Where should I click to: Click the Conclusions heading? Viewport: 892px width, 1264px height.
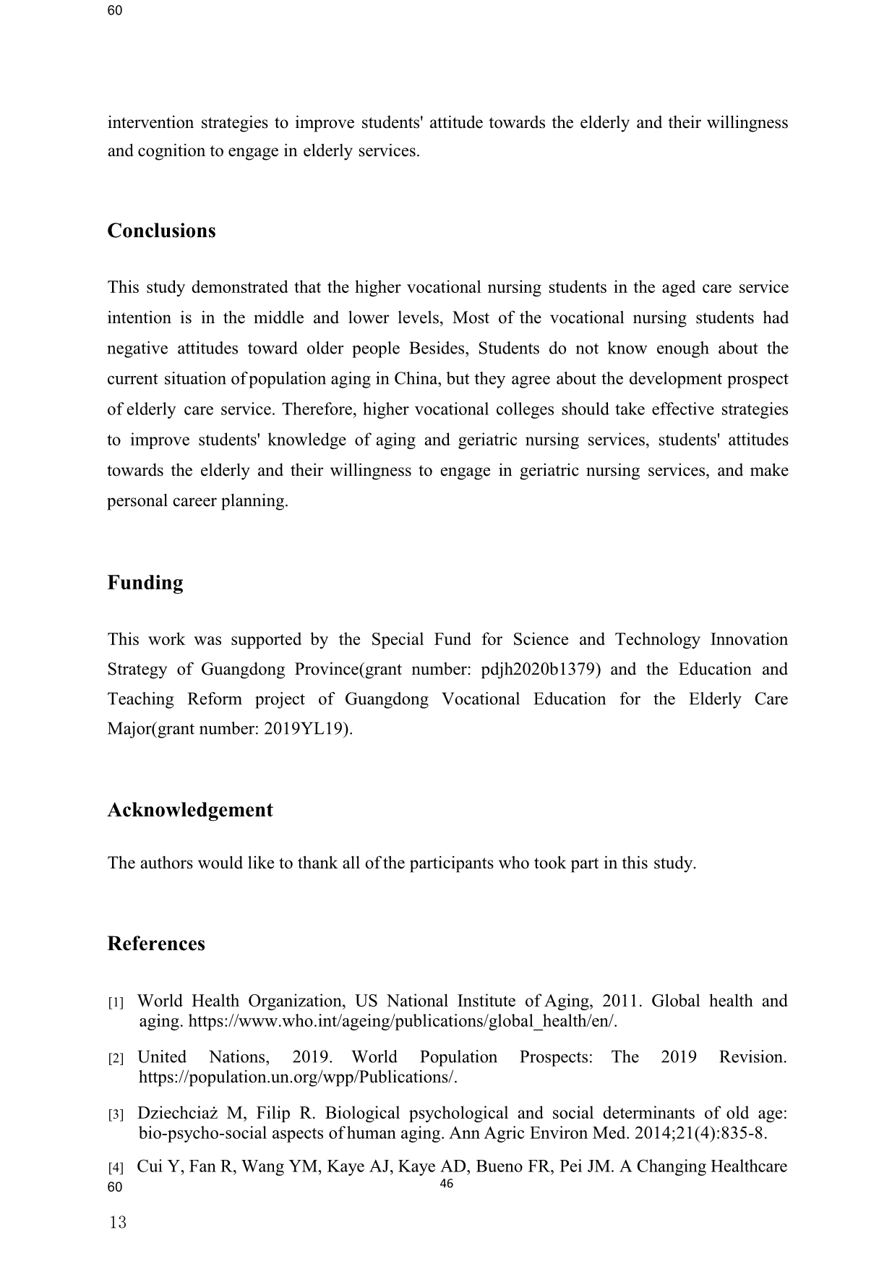pos(161,231)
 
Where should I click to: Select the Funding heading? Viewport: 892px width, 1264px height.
pos(145,583)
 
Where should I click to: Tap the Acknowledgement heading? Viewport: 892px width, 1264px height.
pos(190,810)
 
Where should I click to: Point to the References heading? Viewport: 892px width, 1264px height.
pos(156,944)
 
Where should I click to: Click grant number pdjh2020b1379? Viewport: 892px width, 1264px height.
pos(539,670)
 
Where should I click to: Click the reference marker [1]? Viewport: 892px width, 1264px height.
pos(116,1003)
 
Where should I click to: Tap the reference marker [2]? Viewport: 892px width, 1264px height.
pos(116,1059)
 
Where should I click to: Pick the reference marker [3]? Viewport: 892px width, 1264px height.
pos(116,1114)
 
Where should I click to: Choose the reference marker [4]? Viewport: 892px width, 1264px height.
pos(116,1168)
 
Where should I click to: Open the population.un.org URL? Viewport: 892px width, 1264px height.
pos(298,1077)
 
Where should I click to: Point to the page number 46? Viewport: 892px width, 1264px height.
pos(446,1184)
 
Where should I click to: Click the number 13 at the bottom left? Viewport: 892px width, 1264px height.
pos(117,1223)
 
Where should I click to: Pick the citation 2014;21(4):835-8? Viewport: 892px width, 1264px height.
pos(700,1133)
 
